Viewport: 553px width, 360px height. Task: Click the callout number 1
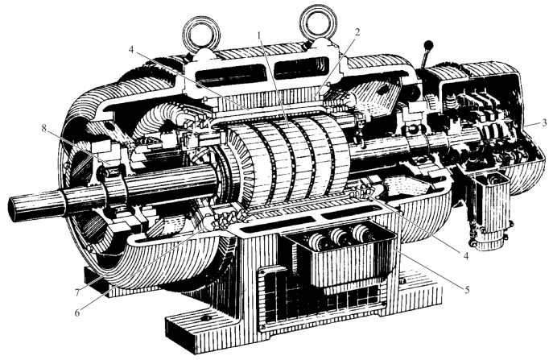point(259,35)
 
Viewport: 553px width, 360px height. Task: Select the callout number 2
point(357,32)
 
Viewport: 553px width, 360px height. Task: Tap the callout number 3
point(544,122)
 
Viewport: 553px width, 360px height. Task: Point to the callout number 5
point(467,290)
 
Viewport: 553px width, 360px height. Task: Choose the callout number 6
point(77,312)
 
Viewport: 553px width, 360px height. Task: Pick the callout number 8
point(43,128)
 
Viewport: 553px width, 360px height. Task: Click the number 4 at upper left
point(131,50)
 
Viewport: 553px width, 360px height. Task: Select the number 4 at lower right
point(465,256)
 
